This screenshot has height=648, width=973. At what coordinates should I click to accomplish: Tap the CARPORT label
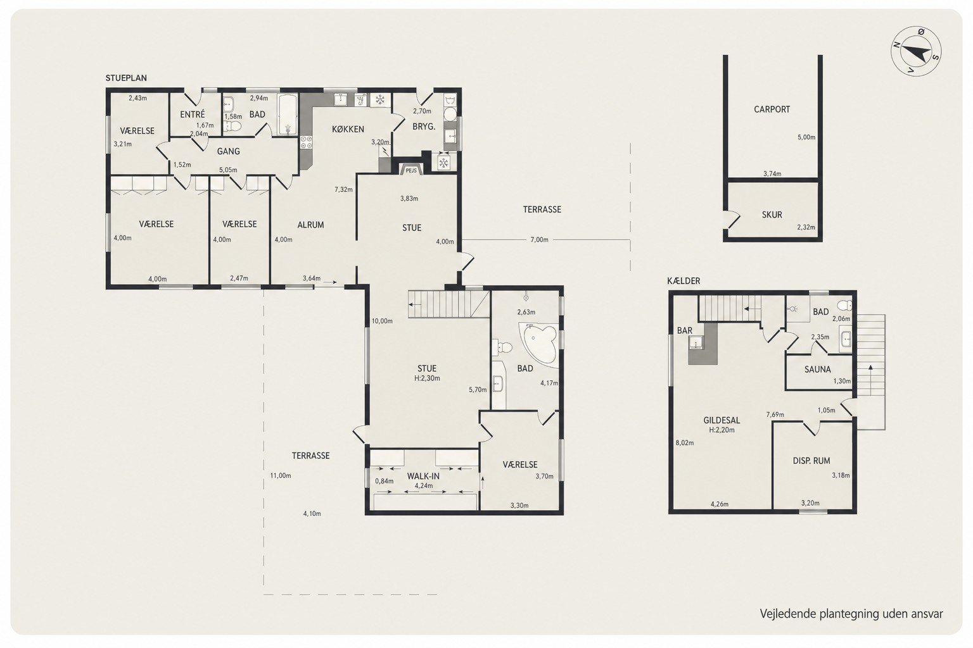coord(772,109)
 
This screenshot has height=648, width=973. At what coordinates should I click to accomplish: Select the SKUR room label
coord(772,215)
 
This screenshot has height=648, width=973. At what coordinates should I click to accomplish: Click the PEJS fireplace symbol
coord(411,170)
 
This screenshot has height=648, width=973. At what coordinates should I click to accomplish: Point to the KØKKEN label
coord(348,129)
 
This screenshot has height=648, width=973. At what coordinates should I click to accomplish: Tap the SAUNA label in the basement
coord(818,370)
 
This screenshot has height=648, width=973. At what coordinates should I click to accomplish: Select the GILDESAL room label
coord(722,420)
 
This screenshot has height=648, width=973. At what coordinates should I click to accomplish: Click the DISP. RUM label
coord(811,461)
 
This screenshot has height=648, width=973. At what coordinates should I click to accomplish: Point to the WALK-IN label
coord(423,476)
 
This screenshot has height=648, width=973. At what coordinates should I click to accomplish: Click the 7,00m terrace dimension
coord(539,240)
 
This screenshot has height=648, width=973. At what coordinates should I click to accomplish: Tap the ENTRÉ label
coord(192,114)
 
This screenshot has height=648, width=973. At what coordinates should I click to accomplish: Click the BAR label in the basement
coord(685,331)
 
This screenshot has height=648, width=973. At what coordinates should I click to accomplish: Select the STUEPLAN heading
coord(126,78)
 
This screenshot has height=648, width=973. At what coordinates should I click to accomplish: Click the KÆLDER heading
coord(684,281)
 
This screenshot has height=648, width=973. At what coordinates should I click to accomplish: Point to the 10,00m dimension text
coord(382,321)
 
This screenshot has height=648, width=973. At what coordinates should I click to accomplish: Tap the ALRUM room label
coord(310,225)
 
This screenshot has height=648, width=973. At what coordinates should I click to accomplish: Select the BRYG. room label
coord(424,127)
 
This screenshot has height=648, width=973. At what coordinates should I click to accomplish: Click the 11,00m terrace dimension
coord(281,475)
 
